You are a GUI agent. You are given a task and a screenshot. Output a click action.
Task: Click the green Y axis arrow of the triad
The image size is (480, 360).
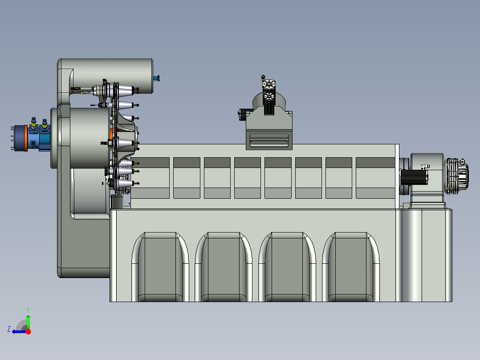point(28,320)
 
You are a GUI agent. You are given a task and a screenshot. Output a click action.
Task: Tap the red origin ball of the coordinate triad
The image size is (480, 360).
point(28,331)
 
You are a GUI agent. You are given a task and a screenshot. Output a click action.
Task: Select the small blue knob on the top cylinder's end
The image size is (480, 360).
point(156,78)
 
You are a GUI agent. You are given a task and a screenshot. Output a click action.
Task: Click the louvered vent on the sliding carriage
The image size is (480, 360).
point(269,141)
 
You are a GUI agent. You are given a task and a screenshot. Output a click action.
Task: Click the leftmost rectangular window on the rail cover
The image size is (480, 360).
point(156,178)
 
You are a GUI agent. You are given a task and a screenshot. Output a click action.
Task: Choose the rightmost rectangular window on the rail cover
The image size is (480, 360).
point(375,178)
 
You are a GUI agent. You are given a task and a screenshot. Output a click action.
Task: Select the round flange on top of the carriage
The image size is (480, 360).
point(268,84)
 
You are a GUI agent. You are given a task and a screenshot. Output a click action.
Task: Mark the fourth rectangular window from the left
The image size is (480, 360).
point(248,178)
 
